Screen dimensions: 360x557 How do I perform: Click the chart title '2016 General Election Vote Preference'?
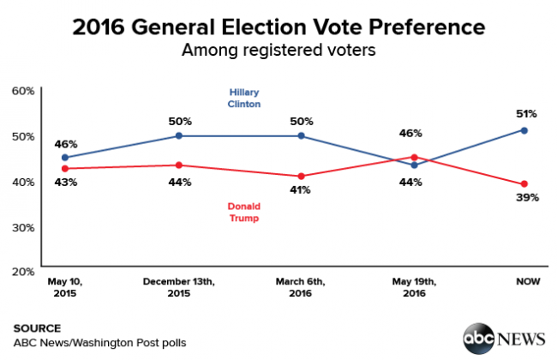(278, 27)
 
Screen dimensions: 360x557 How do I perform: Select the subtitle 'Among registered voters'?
(278, 51)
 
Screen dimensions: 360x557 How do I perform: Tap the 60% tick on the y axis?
(24, 90)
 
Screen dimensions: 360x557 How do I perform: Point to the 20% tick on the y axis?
(24, 271)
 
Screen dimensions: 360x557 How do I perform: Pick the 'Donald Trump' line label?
(244, 213)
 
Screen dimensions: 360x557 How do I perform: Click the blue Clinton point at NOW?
(524, 130)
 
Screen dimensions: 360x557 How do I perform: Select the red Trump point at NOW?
(524, 184)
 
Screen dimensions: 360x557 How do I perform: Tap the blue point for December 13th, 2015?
(178, 135)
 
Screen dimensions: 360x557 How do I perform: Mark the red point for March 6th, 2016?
(301, 176)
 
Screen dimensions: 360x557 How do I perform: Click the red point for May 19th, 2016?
(414, 158)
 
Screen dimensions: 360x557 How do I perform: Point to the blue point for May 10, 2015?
(64, 158)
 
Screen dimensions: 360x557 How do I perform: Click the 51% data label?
(526, 113)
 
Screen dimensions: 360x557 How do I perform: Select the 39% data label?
(527, 199)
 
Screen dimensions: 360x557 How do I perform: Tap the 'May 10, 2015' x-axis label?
(64, 286)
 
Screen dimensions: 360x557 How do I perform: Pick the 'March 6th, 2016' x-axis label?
(301, 286)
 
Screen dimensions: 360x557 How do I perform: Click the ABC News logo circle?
(478, 337)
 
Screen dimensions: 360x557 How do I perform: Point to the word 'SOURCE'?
(37, 327)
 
